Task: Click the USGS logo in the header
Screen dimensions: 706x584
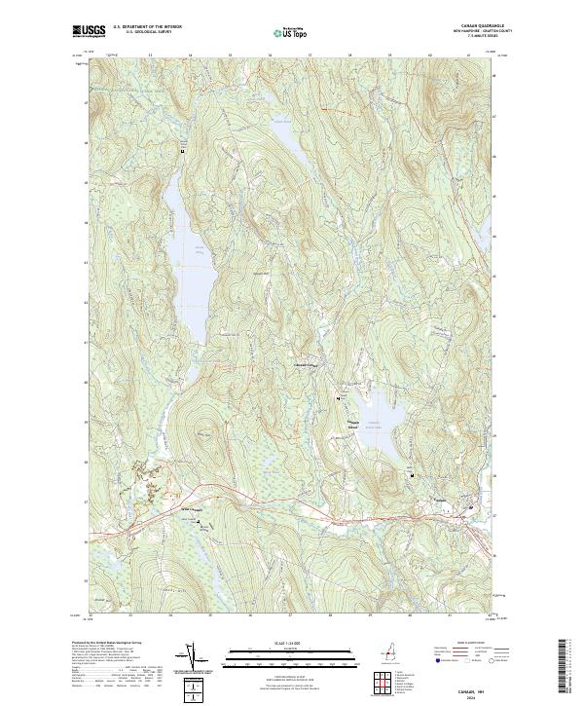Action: click(x=90, y=31)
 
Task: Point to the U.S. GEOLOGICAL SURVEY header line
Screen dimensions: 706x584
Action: click(x=147, y=31)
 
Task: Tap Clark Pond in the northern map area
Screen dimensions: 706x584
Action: click(x=284, y=146)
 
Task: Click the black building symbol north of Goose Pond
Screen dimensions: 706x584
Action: click(x=182, y=152)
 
